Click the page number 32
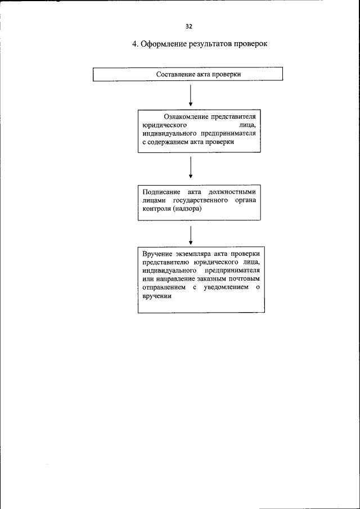click(188, 26)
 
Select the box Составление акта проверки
click(187, 74)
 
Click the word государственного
click(195, 200)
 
